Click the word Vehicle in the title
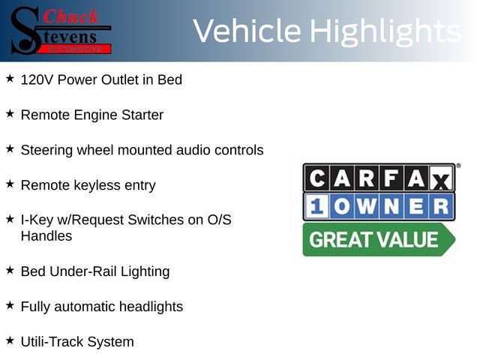[x=247, y=31]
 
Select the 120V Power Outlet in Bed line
[x=101, y=79]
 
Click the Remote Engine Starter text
[x=91, y=115]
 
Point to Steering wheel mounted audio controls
[x=142, y=150]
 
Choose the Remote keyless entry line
[x=88, y=184]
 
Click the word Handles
[x=46, y=235]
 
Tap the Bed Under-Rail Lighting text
[x=95, y=271]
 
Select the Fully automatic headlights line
[x=101, y=306]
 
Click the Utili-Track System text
[x=77, y=341]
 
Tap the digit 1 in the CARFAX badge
[x=316, y=206]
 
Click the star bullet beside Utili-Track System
[x=10, y=340]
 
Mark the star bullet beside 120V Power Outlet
[x=10, y=78]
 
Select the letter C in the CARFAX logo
[x=316, y=178]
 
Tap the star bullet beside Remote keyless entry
[x=10, y=183]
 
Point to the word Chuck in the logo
[x=71, y=16]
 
